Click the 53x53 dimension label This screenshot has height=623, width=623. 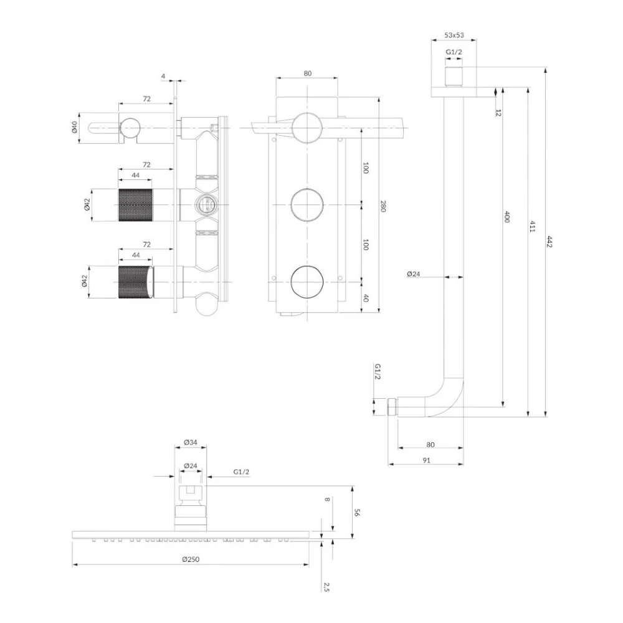click(x=454, y=35)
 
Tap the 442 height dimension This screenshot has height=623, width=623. click(x=550, y=242)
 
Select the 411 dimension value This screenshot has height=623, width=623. click(x=533, y=227)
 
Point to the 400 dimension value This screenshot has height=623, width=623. click(x=506, y=217)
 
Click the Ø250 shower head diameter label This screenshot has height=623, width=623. click(x=191, y=559)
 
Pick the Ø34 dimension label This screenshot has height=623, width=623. click(x=191, y=442)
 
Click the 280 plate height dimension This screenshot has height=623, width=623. click(x=383, y=206)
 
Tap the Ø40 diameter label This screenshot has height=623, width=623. click(x=74, y=128)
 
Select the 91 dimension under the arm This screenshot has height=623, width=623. click(x=426, y=460)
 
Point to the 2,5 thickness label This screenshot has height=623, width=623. click(x=326, y=587)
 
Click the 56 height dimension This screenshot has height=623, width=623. click(x=357, y=513)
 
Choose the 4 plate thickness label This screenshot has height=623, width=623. click(x=163, y=76)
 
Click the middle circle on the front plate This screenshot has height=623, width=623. click(x=307, y=204)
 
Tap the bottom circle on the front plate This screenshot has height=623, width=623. click(x=307, y=282)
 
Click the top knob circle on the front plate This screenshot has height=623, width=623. click(x=307, y=128)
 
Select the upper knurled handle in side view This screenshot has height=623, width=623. click(x=135, y=205)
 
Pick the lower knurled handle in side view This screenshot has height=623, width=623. click(x=135, y=282)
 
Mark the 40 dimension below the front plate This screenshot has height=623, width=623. click(x=366, y=297)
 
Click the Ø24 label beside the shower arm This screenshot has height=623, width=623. click(x=413, y=273)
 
